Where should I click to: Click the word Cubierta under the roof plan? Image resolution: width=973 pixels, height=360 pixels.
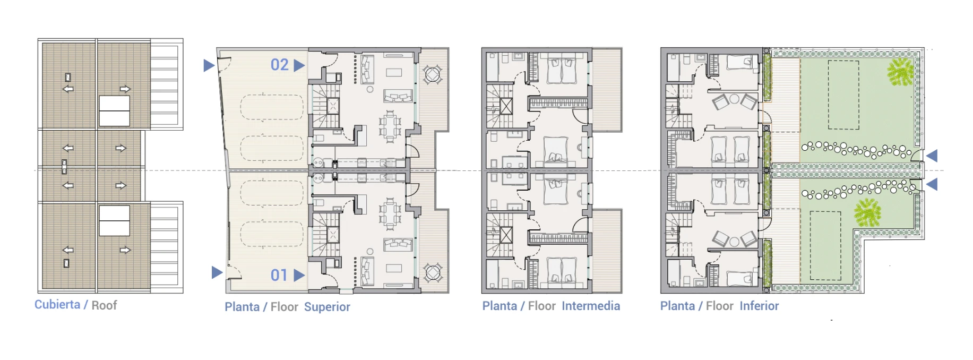click(x=57, y=305)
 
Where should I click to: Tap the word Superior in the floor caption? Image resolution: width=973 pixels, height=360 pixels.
click(x=327, y=307)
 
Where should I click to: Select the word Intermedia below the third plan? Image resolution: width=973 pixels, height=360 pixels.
click(x=591, y=306)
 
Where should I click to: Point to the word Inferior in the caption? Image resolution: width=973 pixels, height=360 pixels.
click(x=759, y=306)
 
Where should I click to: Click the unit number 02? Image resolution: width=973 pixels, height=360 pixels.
click(x=280, y=65)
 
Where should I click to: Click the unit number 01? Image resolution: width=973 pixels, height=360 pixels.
click(x=279, y=275)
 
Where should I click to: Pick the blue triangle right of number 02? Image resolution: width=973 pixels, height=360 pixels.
click(x=299, y=65)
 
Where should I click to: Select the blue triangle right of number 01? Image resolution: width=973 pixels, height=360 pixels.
click(x=299, y=275)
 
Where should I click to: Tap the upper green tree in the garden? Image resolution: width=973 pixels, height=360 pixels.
click(x=900, y=72)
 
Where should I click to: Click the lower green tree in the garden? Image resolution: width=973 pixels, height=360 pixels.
click(x=867, y=212)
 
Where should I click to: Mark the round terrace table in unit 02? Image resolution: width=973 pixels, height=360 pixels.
click(x=433, y=74)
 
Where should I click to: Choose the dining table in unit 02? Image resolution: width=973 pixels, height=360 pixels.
click(x=390, y=126)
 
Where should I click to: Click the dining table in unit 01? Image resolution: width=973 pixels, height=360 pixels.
click(x=390, y=214)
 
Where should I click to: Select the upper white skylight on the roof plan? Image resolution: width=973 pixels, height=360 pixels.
click(x=114, y=111)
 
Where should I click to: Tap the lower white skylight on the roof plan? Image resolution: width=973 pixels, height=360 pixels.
click(x=114, y=220)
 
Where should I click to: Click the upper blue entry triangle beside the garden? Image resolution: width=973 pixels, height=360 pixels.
click(x=932, y=156)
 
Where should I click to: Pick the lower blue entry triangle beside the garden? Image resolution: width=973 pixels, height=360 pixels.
click(x=932, y=184)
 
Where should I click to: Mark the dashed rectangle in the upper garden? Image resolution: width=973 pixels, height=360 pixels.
click(x=843, y=95)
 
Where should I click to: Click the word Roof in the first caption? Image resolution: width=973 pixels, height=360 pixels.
click(x=104, y=305)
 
